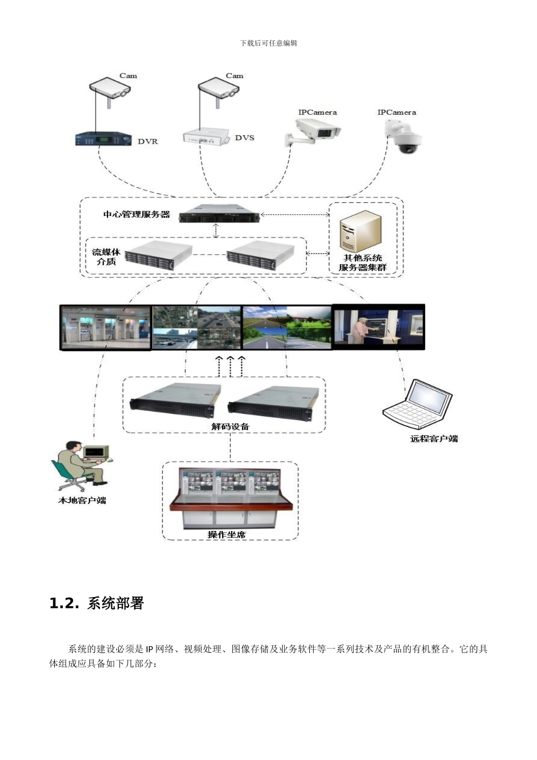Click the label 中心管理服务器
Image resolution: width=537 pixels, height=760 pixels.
click(x=137, y=214)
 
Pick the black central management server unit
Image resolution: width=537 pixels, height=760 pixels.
click(x=219, y=214)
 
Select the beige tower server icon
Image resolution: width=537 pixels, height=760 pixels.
click(x=360, y=232)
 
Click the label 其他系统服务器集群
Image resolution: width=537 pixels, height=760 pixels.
click(x=363, y=263)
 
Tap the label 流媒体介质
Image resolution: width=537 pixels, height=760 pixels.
click(x=106, y=257)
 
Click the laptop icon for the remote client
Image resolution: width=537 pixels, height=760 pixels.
click(x=419, y=402)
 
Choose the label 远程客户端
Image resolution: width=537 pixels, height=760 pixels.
click(x=434, y=438)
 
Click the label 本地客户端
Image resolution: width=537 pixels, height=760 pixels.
click(x=83, y=500)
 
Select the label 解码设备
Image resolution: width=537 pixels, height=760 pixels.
click(x=230, y=426)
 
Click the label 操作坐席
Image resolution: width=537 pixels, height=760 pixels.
click(x=227, y=534)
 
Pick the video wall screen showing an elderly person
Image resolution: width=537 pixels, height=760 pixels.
click(x=378, y=327)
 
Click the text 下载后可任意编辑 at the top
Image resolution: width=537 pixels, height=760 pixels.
click(x=268, y=43)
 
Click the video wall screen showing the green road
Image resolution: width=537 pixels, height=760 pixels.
click(x=287, y=327)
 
